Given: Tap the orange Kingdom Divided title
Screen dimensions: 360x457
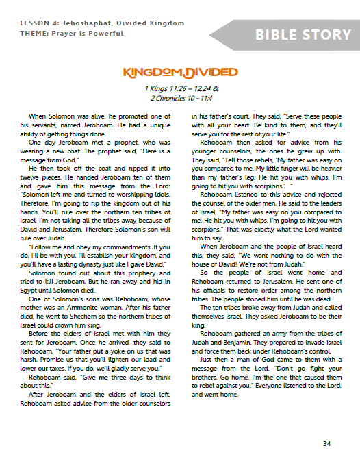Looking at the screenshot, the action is (x=180, y=73).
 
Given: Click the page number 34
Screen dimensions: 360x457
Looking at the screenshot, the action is (x=326, y=443).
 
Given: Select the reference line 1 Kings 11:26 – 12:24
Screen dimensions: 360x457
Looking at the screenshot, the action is (x=181, y=89).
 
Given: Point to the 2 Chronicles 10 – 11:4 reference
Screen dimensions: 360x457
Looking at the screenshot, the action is (x=181, y=98).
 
